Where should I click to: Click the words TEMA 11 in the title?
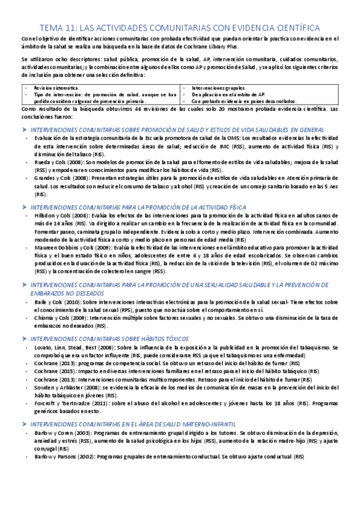pyautogui.click(x=57, y=28)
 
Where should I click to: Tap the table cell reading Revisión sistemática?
pyautogui.click(x=55, y=87)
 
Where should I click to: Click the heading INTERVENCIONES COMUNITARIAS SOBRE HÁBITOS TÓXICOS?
pyautogui.click(x=109, y=339)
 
